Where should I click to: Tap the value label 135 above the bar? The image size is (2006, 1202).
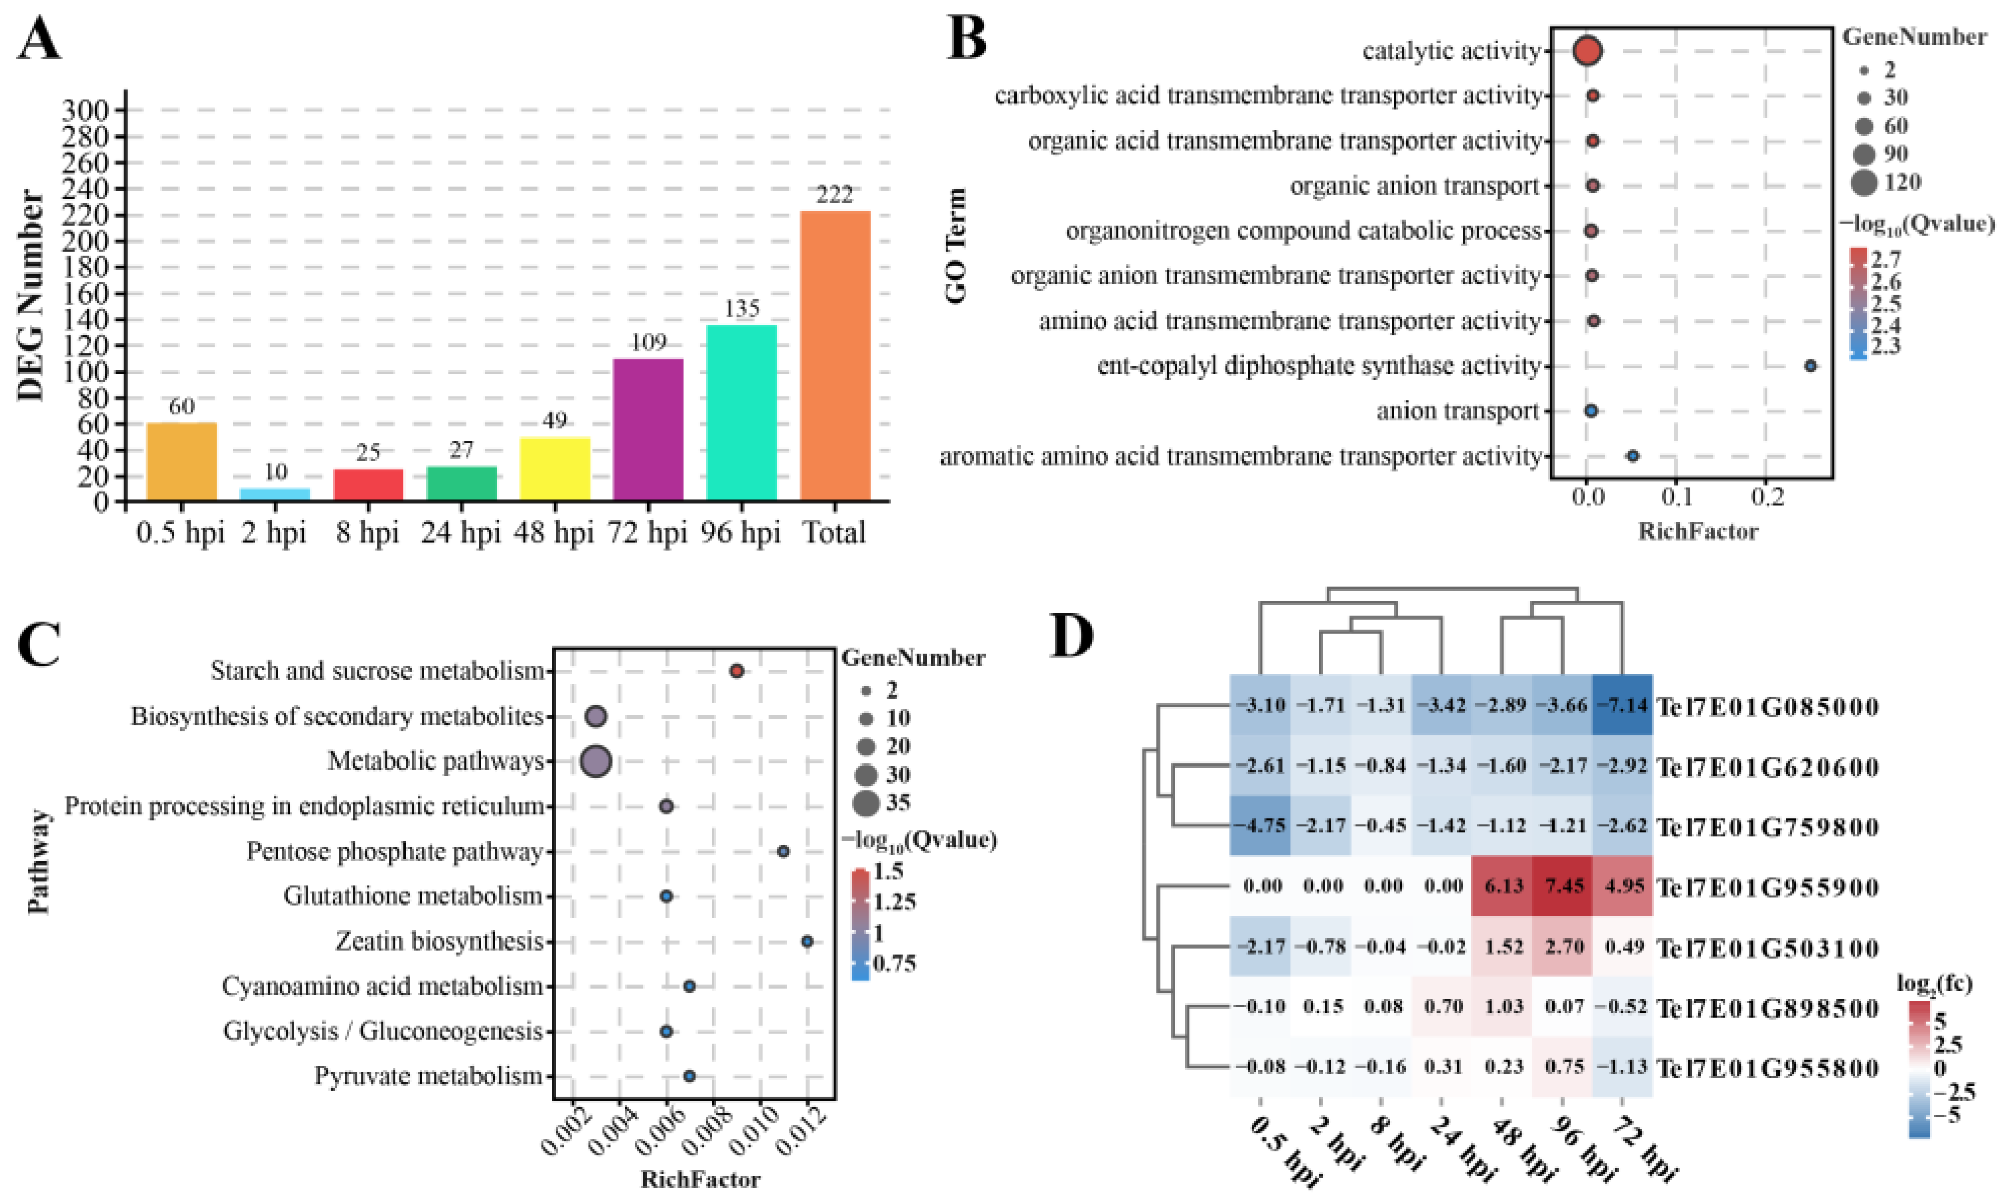pyautogui.click(x=741, y=309)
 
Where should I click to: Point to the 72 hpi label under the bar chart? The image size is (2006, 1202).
pyautogui.click(x=647, y=533)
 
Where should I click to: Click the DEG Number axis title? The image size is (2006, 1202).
pyautogui.click(x=31, y=296)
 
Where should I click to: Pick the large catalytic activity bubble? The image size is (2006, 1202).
pyautogui.click(x=1587, y=51)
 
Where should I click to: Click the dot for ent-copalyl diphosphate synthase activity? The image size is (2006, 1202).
pyautogui.click(x=1810, y=366)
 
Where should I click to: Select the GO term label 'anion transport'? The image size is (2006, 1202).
pyautogui.click(x=1457, y=411)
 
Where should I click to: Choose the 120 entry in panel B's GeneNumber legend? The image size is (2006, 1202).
pyautogui.click(x=1901, y=182)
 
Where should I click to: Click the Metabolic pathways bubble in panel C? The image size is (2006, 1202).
pyautogui.click(x=596, y=761)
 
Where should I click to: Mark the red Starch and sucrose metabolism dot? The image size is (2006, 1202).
pyautogui.click(x=737, y=672)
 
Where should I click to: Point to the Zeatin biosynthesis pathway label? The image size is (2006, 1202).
pyautogui.click(x=439, y=941)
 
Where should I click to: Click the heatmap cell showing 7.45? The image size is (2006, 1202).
pyautogui.click(x=1564, y=886)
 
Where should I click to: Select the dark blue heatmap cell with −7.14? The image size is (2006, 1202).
pyautogui.click(x=1622, y=705)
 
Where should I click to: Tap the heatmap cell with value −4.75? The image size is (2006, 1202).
pyautogui.click(x=1260, y=826)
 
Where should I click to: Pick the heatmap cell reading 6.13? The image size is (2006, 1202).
pyautogui.click(x=1503, y=886)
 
